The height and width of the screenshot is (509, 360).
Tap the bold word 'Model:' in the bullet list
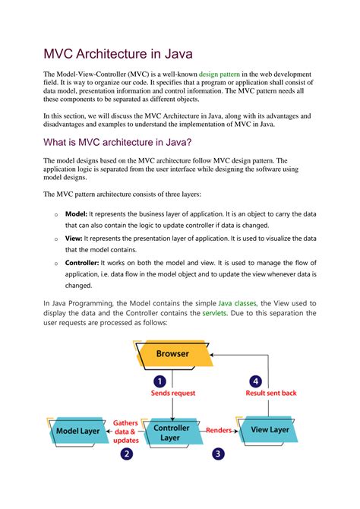[x=77, y=214]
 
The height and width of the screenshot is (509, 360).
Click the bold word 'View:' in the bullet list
[x=74, y=239]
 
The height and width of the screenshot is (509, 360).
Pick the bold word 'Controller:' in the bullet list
[x=84, y=262]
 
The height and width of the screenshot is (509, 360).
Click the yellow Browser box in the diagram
[x=172, y=354]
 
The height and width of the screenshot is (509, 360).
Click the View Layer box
[x=270, y=430]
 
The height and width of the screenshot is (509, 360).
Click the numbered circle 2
[x=126, y=454]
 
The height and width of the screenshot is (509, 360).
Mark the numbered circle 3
[x=218, y=454]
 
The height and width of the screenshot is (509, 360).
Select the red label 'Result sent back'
[x=270, y=394]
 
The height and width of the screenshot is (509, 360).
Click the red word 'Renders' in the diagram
[x=219, y=430]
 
